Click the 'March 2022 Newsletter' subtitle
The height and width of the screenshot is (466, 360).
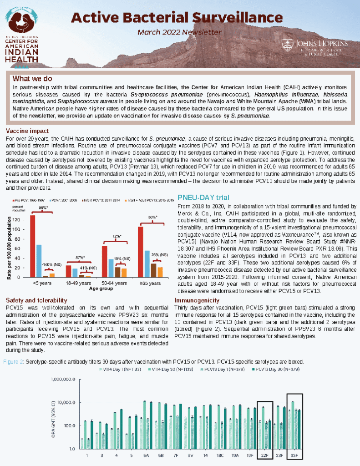(x=180, y=32)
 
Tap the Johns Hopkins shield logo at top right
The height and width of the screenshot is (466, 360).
(x=287, y=45)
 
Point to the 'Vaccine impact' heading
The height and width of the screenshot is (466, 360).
(x=24, y=131)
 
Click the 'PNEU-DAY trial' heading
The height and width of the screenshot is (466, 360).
(x=203, y=198)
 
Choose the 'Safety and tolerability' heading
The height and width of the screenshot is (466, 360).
(x=36, y=300)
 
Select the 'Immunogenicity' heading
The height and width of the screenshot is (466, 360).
(x=197, y=300)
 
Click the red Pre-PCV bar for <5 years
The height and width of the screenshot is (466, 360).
(x=32, y=246)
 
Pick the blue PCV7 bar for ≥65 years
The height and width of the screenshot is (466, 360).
(x=147, y=264)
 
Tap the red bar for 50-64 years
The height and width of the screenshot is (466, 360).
(x=105, y=261)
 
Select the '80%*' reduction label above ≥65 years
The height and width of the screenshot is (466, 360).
(x=153, y=217)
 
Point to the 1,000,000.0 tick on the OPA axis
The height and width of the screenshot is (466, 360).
(x=64, y=379)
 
